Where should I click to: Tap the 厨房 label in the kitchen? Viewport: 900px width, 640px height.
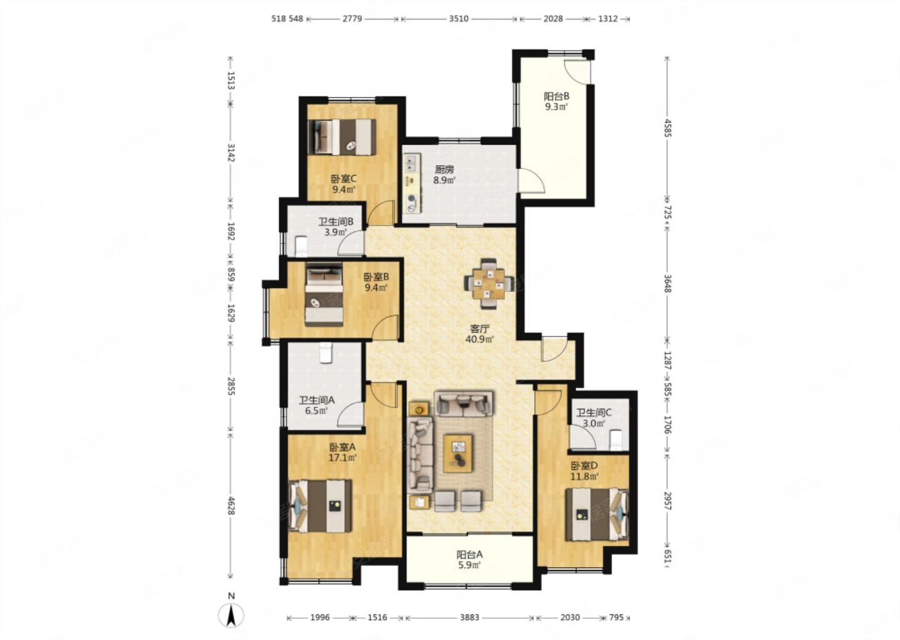[444, 169]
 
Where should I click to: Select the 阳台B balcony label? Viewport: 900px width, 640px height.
[556, 96]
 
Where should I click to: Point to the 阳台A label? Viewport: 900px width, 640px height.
[469, 555]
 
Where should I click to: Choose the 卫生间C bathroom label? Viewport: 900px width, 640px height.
[594, 412]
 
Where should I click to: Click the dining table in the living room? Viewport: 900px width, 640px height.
[489, 284]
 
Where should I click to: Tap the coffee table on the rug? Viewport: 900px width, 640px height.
[457, 453]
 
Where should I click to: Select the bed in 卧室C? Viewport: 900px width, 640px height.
[342, 137]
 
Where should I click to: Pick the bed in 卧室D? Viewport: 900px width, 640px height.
[597, 514]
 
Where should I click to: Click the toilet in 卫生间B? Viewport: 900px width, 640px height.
[301, 246]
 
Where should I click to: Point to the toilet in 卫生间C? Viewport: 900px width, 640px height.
[616, 440]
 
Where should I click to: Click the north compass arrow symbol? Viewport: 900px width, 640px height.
[231, 615]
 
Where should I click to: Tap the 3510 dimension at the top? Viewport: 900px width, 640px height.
[459, 19]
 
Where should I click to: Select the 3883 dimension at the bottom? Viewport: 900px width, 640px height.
[469, 617]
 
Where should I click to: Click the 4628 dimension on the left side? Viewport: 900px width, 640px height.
[231, 505]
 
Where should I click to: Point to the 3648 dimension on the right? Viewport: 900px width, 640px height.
[667, 283]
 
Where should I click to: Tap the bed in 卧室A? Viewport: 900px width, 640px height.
[320, 506]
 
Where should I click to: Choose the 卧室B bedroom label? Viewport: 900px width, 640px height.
[376, 277]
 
